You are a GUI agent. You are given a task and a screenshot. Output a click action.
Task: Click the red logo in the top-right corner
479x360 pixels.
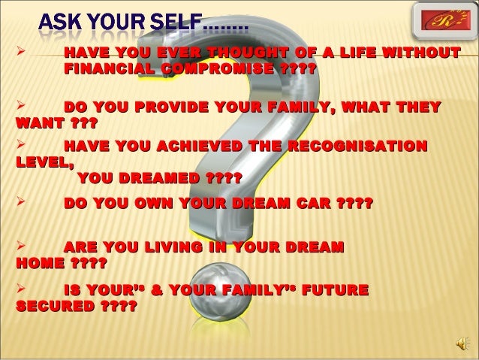[440, 21]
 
